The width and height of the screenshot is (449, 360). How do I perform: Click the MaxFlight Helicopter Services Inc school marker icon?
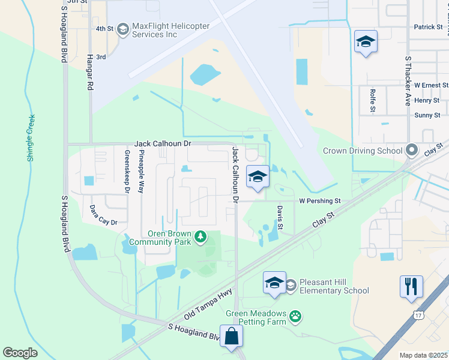point(122,29)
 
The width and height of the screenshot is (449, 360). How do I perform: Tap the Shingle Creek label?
point(31,138)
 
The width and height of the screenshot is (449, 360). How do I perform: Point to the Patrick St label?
point(428,27)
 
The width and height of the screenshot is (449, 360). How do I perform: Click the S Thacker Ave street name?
point(408,82)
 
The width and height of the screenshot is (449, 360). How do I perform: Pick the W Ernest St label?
point(427,85)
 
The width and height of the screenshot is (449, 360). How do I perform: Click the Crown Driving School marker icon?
point(411,150)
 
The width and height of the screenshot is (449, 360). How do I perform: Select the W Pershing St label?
point(320,201)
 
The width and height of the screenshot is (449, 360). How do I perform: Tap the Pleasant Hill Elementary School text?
point(335,286)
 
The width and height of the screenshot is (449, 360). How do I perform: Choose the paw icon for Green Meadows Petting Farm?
point(295,316)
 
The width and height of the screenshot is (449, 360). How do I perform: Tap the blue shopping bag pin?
point(231,337)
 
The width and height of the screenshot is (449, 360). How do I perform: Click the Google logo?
point(20,353)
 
